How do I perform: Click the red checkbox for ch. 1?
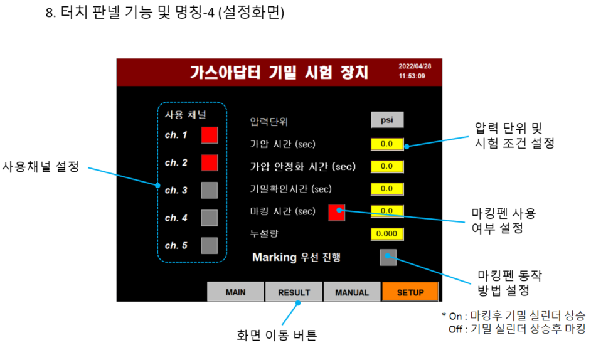pyautogui.click(x=210, y=135)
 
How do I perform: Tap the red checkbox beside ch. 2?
pyautogui.click(x=210, y=162)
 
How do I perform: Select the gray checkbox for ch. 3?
pyautogui.click(x=210, y=190)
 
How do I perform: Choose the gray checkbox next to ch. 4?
pyautogui.click(x=210, y=218)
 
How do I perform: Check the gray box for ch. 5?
pyautogui.click(x=210, y=245)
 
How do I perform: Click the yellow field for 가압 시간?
pyautogui.click(x=386, y=144)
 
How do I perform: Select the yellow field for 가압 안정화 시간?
pyautogui.click(x=386, y=166)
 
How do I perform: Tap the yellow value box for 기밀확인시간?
pyautogui.click(x=386, y=188)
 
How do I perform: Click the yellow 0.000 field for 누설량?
pyautogui.click(x=386, y=234)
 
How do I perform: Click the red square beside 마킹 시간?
pyautogui.click(x=336, y=213)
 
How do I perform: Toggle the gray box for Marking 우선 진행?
pyautogui.click(x=388, y=257)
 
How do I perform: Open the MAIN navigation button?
pyautogui.click(x=235, y=292)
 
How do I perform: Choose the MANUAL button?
pyautogui.click(x=352, y=292)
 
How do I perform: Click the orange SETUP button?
pyautogui.click(x=410, y=292)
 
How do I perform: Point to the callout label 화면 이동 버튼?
pyautogui.click(x=277, y=336)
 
